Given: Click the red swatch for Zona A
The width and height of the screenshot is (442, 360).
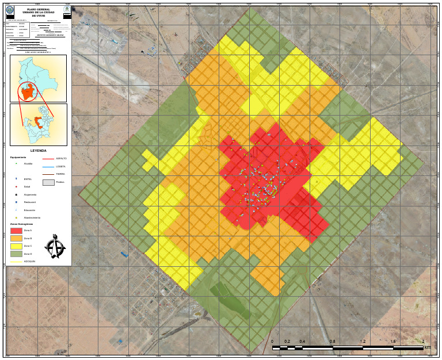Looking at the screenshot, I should [x=16, y=231].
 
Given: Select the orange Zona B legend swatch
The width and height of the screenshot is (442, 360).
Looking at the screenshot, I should [x=16, y=238].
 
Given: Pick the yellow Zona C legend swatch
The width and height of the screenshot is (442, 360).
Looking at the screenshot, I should [x=16, y=246].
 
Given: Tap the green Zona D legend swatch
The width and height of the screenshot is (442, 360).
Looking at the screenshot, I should [x=16, y=253].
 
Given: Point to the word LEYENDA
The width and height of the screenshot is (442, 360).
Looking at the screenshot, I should [x=38, y=150].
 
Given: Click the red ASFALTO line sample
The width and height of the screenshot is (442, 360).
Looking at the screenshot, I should [x=48, y=158].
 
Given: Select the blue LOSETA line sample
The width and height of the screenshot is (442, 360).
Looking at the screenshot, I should [x=48, y=166].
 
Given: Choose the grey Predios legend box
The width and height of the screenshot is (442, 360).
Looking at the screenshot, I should [x=48, y=182].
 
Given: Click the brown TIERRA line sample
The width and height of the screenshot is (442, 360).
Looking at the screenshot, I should [x=48, y=174].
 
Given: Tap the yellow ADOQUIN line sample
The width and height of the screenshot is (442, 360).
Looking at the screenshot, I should [x=16, y=262].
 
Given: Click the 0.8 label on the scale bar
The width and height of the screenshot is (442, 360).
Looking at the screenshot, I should [x=333, y=342].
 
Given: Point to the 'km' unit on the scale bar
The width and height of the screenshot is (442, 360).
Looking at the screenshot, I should [x=427, y=347].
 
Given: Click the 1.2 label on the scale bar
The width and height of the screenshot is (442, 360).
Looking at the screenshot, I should [x=363, y=342].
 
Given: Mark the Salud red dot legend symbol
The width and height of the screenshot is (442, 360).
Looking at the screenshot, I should [x=16, y=187].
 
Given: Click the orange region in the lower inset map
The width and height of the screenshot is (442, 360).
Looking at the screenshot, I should [x=37, y=122].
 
